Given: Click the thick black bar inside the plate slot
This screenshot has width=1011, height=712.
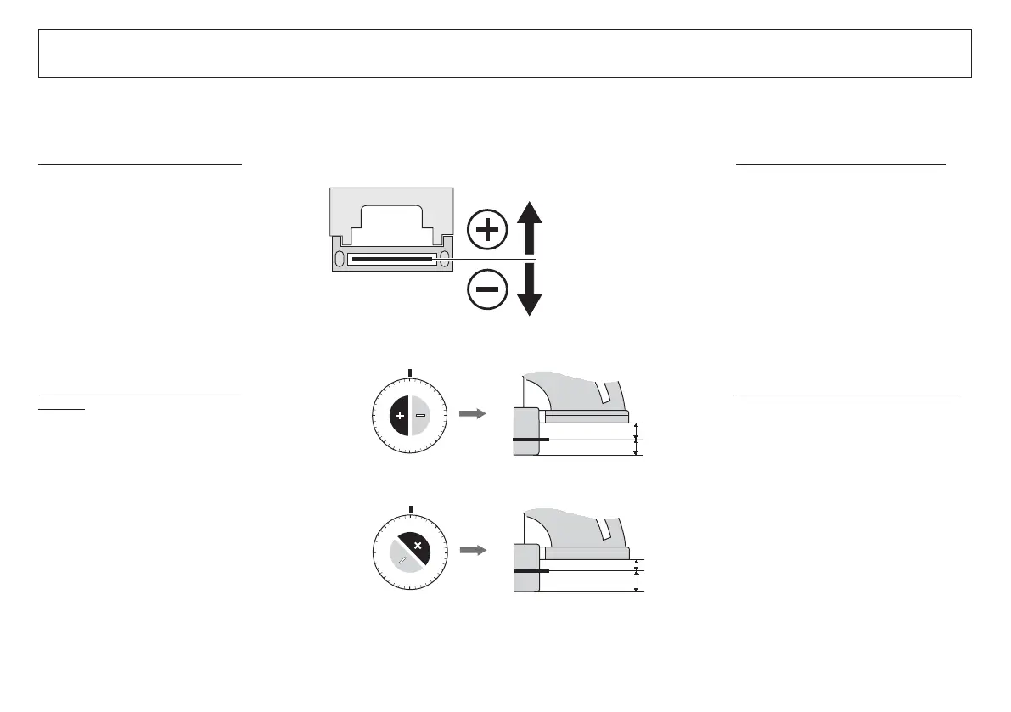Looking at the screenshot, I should [391, 259].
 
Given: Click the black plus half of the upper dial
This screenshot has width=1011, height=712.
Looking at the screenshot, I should [399, 415].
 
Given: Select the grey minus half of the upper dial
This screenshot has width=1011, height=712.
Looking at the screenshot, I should [422, 415].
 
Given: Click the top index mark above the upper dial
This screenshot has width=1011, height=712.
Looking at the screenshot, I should [411, 372].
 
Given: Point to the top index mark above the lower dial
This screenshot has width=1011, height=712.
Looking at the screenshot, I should [411, 510].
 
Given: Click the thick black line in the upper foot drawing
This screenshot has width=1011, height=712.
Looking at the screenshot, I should [531, 440].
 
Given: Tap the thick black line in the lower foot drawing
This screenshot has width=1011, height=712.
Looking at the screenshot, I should [531, 571].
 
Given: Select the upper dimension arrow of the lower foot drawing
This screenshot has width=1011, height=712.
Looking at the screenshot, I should [637, 564].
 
